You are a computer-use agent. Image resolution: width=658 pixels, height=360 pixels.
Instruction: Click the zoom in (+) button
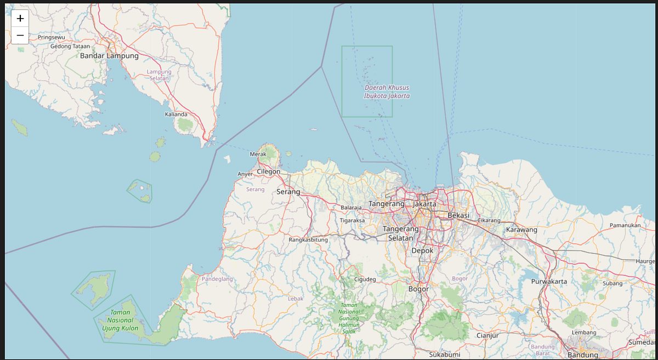(x=20, y=18)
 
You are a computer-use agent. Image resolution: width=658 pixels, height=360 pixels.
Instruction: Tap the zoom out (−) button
(x=20, y=36)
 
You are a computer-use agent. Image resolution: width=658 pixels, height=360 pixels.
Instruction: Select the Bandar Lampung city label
(x=109, y=55)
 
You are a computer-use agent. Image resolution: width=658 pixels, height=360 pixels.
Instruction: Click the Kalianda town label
(x=176, y=114)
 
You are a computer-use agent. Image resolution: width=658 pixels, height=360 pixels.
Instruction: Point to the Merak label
(x=258, y=154)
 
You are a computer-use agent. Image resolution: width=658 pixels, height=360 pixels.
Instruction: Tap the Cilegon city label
(x=268, y=172)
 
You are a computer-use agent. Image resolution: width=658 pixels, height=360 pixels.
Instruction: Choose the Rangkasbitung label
(x=308, y=239)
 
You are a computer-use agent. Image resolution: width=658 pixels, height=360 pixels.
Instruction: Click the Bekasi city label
(x=458, y=215)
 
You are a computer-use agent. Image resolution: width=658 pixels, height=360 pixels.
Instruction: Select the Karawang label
(x=521, y=230)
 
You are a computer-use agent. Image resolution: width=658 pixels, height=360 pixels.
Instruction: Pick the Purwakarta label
(x=549, y=281)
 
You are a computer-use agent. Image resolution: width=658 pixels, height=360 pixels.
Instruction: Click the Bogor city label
(x=418, y=289)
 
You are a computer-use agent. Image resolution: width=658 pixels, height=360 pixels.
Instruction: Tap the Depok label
(x=422, y=250)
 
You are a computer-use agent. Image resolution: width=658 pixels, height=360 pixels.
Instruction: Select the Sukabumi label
(x=445, y=355)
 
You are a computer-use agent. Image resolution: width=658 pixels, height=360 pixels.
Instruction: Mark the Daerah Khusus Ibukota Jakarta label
(x=387, y=92)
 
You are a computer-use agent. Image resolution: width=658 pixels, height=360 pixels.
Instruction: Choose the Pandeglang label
(x=217, y=279)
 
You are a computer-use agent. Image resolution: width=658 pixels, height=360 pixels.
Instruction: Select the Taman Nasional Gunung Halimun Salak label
(x=349, y=318)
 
